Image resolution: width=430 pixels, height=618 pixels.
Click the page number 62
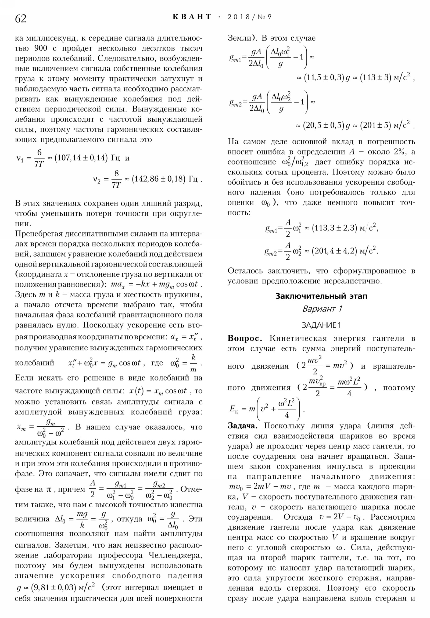click(x=21, y=19)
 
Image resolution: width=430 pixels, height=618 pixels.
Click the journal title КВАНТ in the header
click(x=192, y=17)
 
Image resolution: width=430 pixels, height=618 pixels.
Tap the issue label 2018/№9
click(x=249, y=17)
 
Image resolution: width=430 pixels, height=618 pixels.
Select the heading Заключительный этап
click(x=321, y=296)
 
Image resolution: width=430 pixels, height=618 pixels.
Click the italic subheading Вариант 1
click(x=322, y=309)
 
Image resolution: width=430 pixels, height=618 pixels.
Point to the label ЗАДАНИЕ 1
click(x=321, y=325)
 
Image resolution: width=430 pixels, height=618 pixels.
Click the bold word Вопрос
click(x=245, y=338)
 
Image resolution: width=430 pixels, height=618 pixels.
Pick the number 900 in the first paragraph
click(x=41, y=48)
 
